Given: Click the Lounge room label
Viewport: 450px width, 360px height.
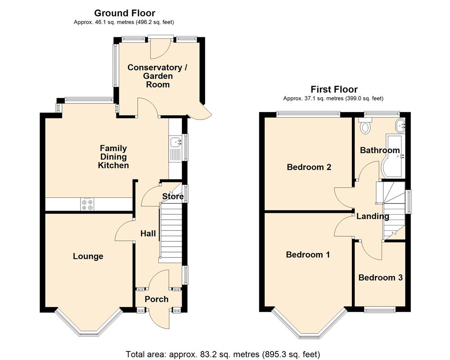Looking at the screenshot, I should [88, 256].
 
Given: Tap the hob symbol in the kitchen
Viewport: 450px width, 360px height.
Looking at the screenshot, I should [88, 205].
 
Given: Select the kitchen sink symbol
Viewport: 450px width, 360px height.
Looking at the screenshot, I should [175, 143].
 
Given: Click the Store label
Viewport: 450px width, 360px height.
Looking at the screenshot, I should [173, 197].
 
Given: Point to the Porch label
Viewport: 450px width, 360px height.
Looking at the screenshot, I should [157, 299].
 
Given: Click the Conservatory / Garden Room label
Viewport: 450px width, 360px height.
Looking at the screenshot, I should [157, 76].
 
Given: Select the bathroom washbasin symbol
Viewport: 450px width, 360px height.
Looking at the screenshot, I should [400, 125].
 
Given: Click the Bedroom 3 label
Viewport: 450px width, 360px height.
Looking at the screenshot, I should [380, 278].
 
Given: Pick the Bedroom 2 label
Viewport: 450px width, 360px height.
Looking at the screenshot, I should [309, 167].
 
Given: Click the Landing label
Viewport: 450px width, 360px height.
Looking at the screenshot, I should [373, 216].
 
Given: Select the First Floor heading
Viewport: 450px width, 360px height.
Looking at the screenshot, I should [334, 90].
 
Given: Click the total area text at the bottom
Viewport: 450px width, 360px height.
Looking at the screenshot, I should [223, 354].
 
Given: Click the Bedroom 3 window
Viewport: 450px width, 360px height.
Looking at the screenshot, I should [380, 309].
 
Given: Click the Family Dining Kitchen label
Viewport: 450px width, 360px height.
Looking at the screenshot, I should [113, 157].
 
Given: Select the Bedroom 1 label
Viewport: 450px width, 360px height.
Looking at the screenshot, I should [308, 255].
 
